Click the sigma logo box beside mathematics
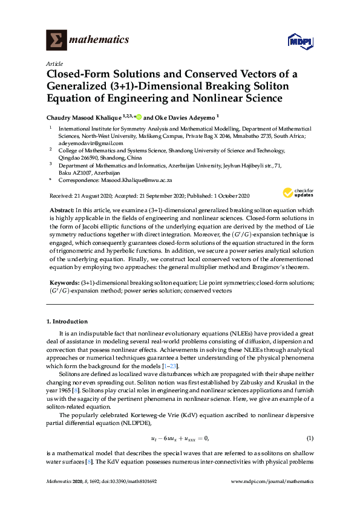[57, 40]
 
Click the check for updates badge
[297, 193]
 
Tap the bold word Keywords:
[64, 282]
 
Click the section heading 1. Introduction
[67, 322]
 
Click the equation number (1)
[310, 438]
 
